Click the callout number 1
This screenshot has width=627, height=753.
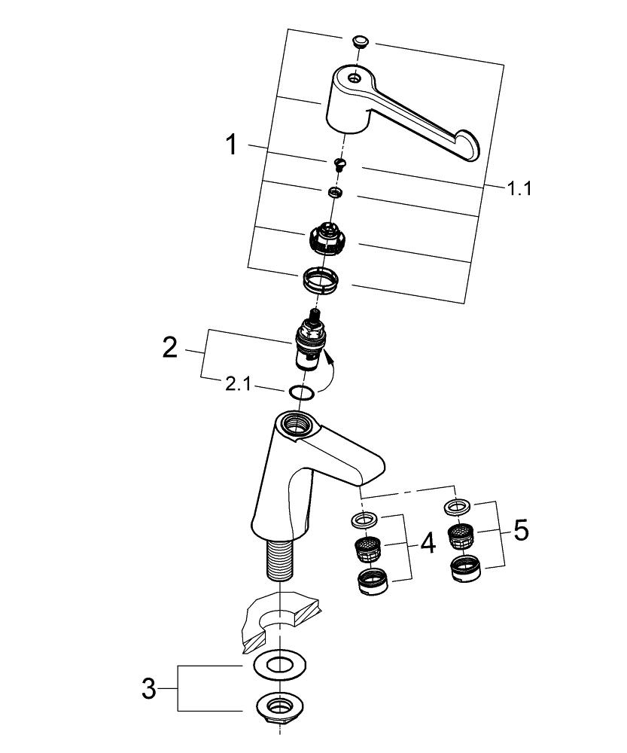pos(232,144)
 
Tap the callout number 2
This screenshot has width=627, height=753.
pos(171,348)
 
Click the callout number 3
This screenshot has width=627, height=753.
pos(149,688)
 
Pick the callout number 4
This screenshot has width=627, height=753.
pos(428,543)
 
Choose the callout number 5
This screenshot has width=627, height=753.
pos(520,530)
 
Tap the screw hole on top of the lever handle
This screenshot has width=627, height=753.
pos(353,77)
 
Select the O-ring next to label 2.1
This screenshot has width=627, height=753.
pos(301,392)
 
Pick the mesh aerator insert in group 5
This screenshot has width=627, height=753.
pos(461,536)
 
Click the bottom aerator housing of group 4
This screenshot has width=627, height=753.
pos(371,581)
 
